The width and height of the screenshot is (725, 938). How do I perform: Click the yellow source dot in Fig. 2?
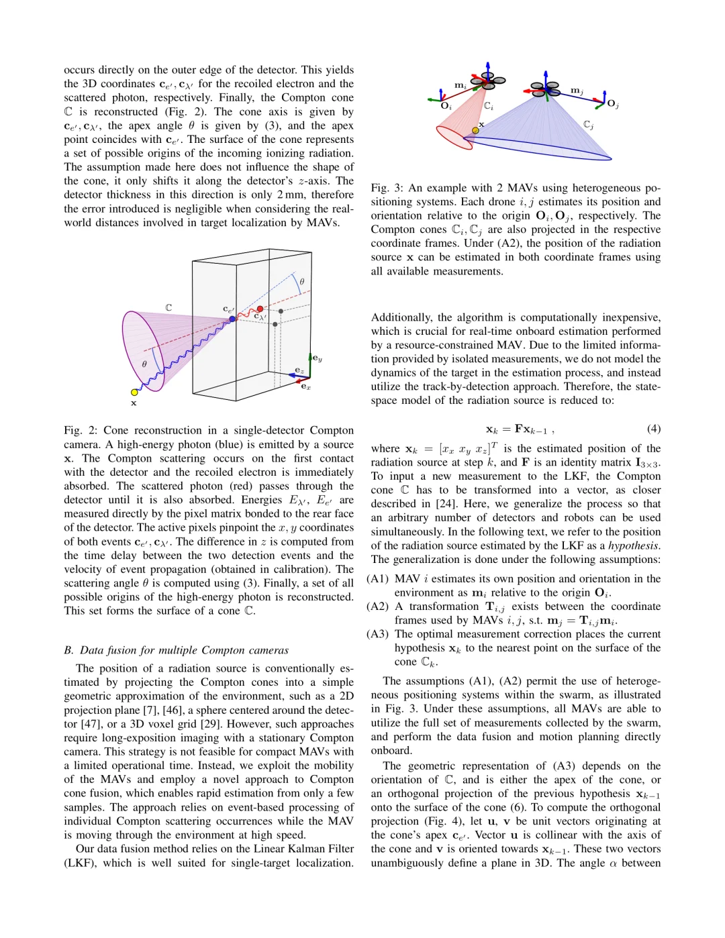point(134,392)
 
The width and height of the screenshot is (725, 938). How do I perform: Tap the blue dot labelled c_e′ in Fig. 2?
point(232,319)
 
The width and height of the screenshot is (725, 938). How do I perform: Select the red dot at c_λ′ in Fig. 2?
point(260,309)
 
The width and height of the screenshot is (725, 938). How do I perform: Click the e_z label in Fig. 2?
point(299,370)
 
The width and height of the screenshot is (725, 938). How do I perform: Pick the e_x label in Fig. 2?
point(305,386)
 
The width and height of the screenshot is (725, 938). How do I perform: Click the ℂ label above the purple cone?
point(168,307)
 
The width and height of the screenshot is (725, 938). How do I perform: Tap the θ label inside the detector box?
point(301,282)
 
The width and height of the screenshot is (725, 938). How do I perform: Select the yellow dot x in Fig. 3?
point(475,129)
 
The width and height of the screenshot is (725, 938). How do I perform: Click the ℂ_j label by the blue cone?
point(588,125)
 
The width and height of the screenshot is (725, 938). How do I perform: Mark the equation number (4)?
point(653,429)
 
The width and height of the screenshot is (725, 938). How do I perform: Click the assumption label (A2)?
point(378,607)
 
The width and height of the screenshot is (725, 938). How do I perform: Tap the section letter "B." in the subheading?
point(68,650)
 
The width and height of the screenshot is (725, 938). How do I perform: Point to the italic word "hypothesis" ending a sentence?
point(634,545)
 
